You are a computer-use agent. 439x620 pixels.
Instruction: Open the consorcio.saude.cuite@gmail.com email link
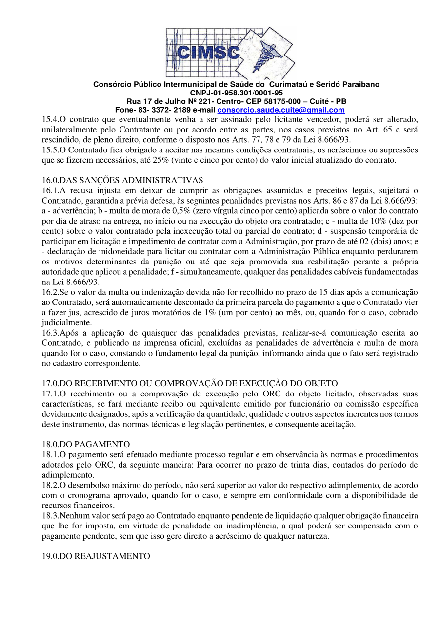pyautogui.click(x=280, y=110)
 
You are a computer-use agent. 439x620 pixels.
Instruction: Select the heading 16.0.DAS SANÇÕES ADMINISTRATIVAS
pyautogui.click(x=122, y=181)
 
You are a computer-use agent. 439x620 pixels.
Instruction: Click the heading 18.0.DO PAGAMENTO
pyautogui.click(x=86, y=444)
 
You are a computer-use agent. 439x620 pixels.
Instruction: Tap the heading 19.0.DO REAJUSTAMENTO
pyautogui.click(x=96, y=556)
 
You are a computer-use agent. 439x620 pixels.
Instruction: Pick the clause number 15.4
pyautogui.click(x=50, y=119)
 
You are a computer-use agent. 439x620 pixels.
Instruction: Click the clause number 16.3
pyautogui.click(x=50, y=333)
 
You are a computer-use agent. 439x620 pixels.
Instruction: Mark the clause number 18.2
pyautogui.click(x=50, y=486)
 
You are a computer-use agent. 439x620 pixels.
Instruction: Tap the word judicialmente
pyautogui.click(x=66, y=322)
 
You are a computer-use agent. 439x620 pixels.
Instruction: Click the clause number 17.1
pyautogui.click(x=50, y=394)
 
